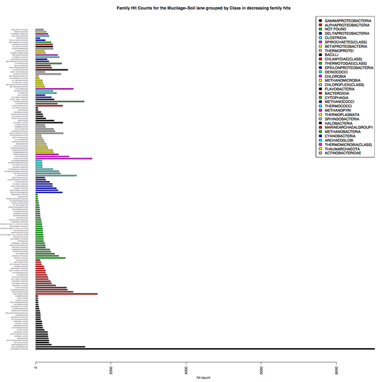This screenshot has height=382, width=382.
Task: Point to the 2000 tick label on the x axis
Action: coord(111,371)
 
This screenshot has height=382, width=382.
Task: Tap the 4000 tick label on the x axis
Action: coord(186,371)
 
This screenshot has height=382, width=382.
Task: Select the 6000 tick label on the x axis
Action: coord(261,371)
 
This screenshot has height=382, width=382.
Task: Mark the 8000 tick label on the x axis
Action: coord(337,371)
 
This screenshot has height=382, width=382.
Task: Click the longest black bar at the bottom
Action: coord(204,349)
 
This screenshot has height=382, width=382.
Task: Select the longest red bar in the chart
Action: coord(66,294)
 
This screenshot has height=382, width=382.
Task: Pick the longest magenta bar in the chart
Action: coord(64,159)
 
